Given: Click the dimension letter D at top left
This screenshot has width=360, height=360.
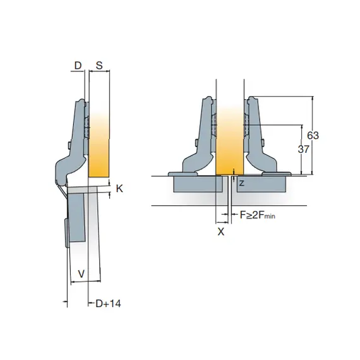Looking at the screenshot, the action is pyautogui.click(x=78, y=66).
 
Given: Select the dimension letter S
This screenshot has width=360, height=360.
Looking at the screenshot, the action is pyautogui.click(x=99, y=66).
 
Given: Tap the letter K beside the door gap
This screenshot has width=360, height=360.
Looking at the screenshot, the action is pyautogui.click(x=119, y=189).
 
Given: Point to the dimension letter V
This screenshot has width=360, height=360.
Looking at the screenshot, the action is pyautogui.click(x=81, y=274).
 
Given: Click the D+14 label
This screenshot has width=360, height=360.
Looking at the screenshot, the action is pyautogui.click(x=108, y=304).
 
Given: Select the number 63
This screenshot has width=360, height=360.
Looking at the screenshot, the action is pyautogui.click(x=313, y=135).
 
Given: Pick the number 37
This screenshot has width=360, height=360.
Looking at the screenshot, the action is pyautogui.click(x=304, y=149).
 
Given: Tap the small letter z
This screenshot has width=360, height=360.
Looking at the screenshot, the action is pyautogui.click(x=241, y=183).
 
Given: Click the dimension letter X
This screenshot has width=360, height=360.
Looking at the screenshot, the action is pyautogui.click(x=221, y=232).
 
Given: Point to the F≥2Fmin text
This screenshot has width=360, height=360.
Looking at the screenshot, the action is pyautogui.click(x=258, y=215).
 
